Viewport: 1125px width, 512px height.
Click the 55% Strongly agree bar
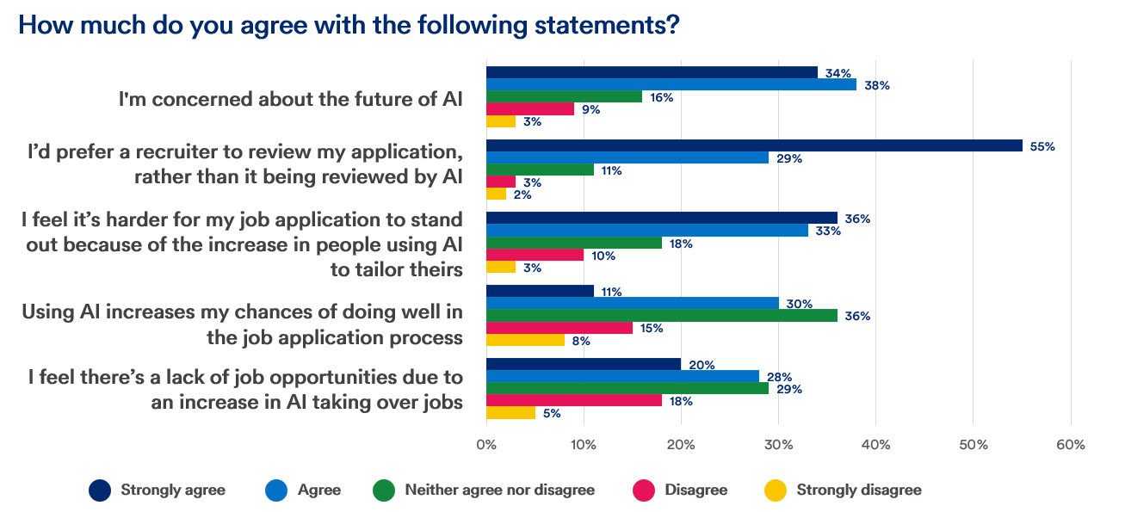(x=754, y=145)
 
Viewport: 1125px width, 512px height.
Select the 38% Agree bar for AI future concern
(x=671, y=84)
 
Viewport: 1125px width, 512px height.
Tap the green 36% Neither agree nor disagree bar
(x=661, y=316)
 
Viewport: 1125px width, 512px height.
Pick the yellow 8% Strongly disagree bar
(x=525, y=340)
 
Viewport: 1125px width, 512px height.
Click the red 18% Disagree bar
(x=574, y=400)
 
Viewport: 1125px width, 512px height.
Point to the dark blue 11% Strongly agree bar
(x=540, y=291)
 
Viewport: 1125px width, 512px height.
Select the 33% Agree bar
(x=646, y=231)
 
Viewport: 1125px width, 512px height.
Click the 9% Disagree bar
(x=530, y=109)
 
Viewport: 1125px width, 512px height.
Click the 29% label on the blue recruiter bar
(x=789, y=158)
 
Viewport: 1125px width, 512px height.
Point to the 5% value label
(x=552, y=413)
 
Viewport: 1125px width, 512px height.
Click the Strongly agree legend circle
(x=100, y=490)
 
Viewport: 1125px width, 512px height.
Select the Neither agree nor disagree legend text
(x=499, y=490)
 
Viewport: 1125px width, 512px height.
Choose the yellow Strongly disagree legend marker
(x=776, y=490)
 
